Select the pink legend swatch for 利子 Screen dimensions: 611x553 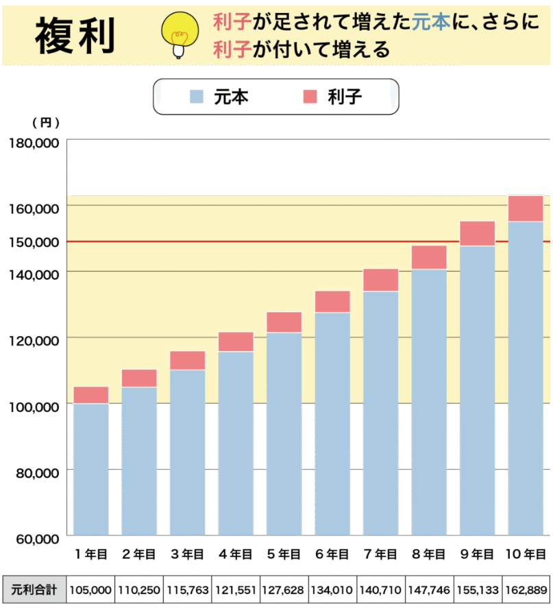click(x=310, y=97)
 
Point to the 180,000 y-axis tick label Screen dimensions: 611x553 click(x=34, y=143)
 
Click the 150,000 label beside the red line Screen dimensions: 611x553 click(x=34, y=241)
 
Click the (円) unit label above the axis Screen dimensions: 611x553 click(x=46, y=123)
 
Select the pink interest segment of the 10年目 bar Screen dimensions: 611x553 click(x=525, y=208)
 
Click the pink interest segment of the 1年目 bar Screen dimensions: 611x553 click(x=91, y=395)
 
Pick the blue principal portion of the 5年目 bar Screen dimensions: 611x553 click(x=284, y=432)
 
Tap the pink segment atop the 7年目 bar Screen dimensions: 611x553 click(x=380, y=280)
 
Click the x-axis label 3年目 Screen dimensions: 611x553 click(x=187, y=554)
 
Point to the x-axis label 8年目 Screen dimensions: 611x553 click(x=429, y=554)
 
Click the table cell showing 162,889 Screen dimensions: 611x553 click(x=526, y=590)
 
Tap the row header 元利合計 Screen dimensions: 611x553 click(x=34, y=590)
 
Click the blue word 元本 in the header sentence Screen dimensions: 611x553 click(x=432, y=23)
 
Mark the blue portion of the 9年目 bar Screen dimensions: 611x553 click(x=477, y=391)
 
